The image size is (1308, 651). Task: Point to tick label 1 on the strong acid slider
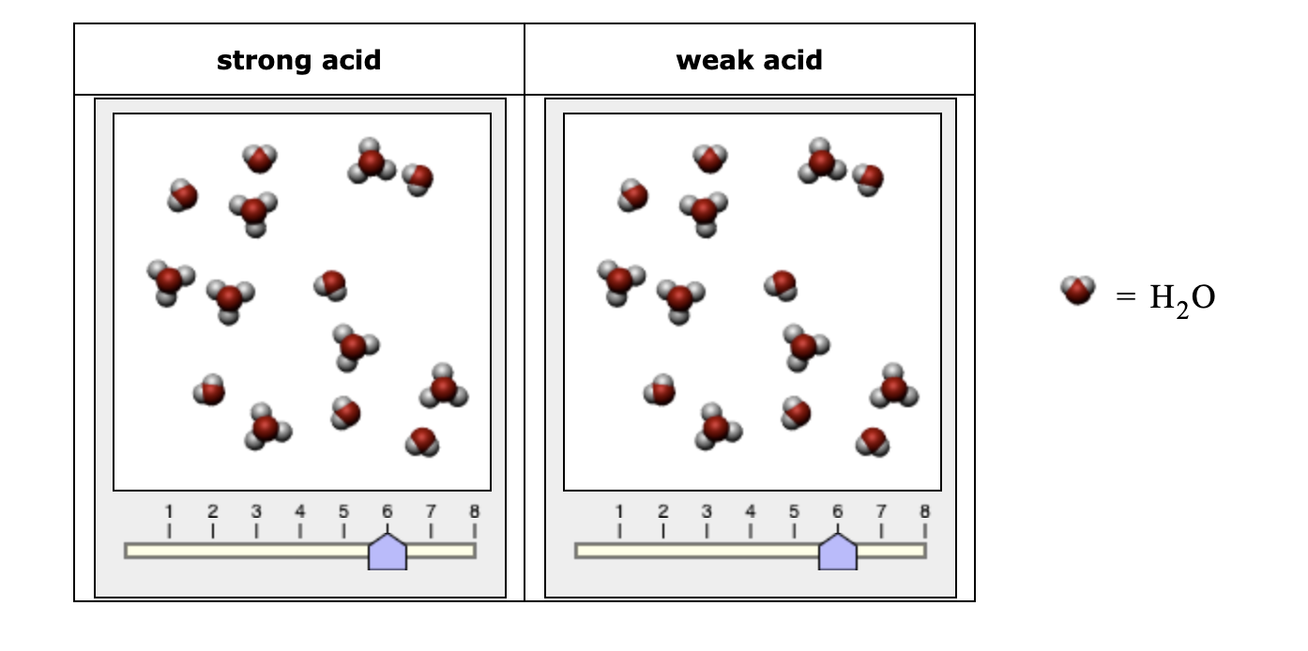tap(169, 512)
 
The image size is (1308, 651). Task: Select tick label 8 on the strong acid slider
tap(474, 512)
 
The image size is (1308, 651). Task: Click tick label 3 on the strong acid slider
tap(256, 512)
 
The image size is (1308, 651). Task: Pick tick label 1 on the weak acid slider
tap(619, 512)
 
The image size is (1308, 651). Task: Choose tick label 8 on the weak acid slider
tap(924, 512)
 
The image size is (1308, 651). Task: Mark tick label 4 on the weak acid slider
tap(750, 512)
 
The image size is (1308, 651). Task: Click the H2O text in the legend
tap(1181, 298)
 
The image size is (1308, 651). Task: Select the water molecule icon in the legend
tap(1078, 290)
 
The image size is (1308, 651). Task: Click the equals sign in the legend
tap(1125, 297)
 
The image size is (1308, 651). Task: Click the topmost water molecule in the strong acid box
tap(260, 158)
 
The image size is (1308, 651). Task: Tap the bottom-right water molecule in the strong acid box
tap(422, 441)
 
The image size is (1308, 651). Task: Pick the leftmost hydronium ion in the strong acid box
tap(169, 281)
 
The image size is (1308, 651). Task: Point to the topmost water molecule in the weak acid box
tap(710, 158)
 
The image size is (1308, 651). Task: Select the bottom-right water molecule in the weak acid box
tap(873, 441)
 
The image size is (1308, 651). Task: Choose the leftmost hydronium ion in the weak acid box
tap(619, 281)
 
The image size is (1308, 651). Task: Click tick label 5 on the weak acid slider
tap(794, 512)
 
